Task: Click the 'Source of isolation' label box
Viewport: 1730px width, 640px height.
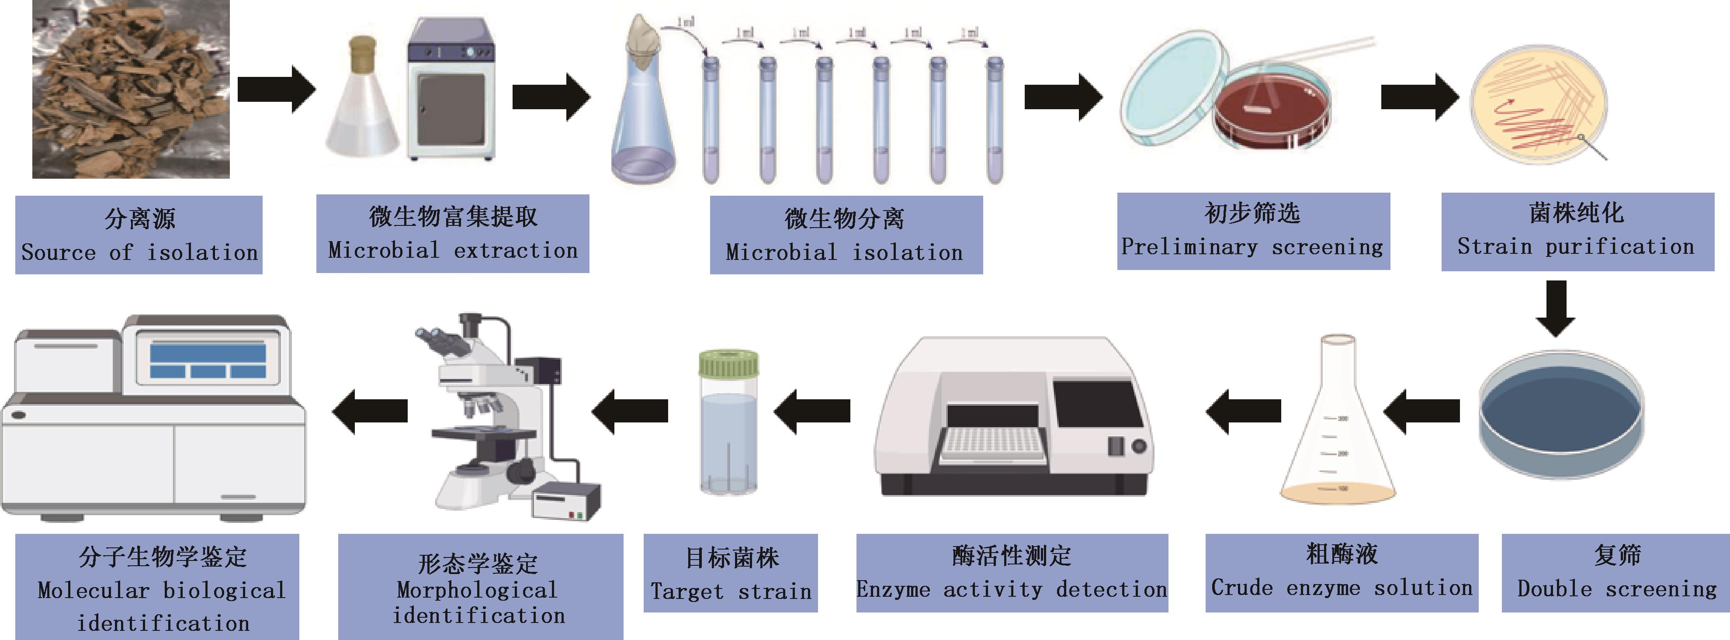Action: pos(139,235)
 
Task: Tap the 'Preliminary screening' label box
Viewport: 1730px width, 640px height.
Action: pos(1253,231)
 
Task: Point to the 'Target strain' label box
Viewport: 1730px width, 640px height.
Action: pos(731,573)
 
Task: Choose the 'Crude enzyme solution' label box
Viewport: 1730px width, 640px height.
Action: pos(1342,573)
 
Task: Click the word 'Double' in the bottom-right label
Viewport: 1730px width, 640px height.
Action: pos(1554,589)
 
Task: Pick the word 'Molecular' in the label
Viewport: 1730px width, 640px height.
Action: pos(94,590)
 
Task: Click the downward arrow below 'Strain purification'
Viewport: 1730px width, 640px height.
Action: pos(1555,308)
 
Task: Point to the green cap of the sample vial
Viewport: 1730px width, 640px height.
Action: pos(729,364)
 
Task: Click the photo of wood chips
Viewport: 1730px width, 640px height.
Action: pos(131,89)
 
